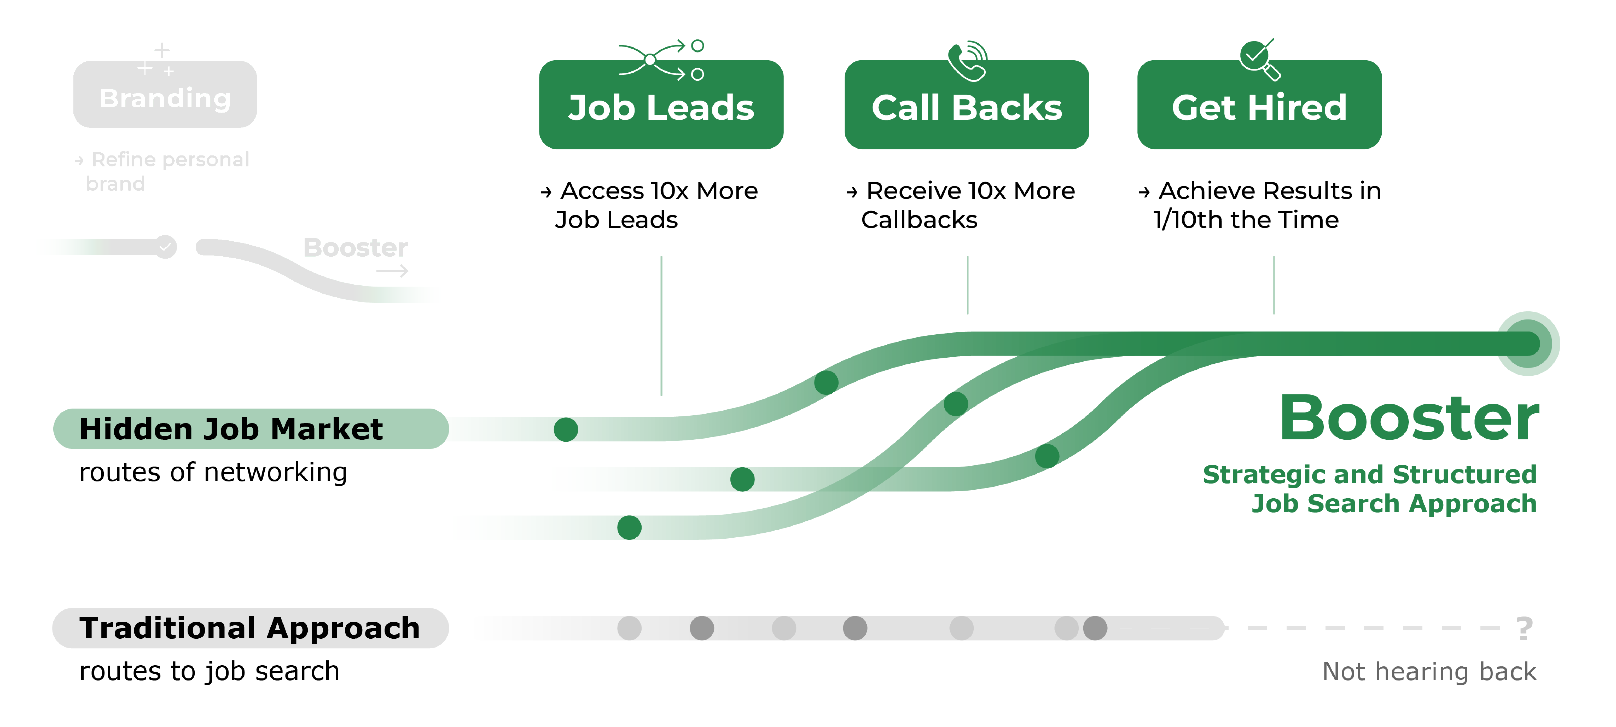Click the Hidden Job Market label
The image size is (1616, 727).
pos(231,429)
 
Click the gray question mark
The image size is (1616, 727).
pos(1524,629)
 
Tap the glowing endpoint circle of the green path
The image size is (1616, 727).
pos(1528,344)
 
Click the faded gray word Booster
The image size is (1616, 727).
pos(355,248)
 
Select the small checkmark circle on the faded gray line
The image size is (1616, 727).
pos(166,247)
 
